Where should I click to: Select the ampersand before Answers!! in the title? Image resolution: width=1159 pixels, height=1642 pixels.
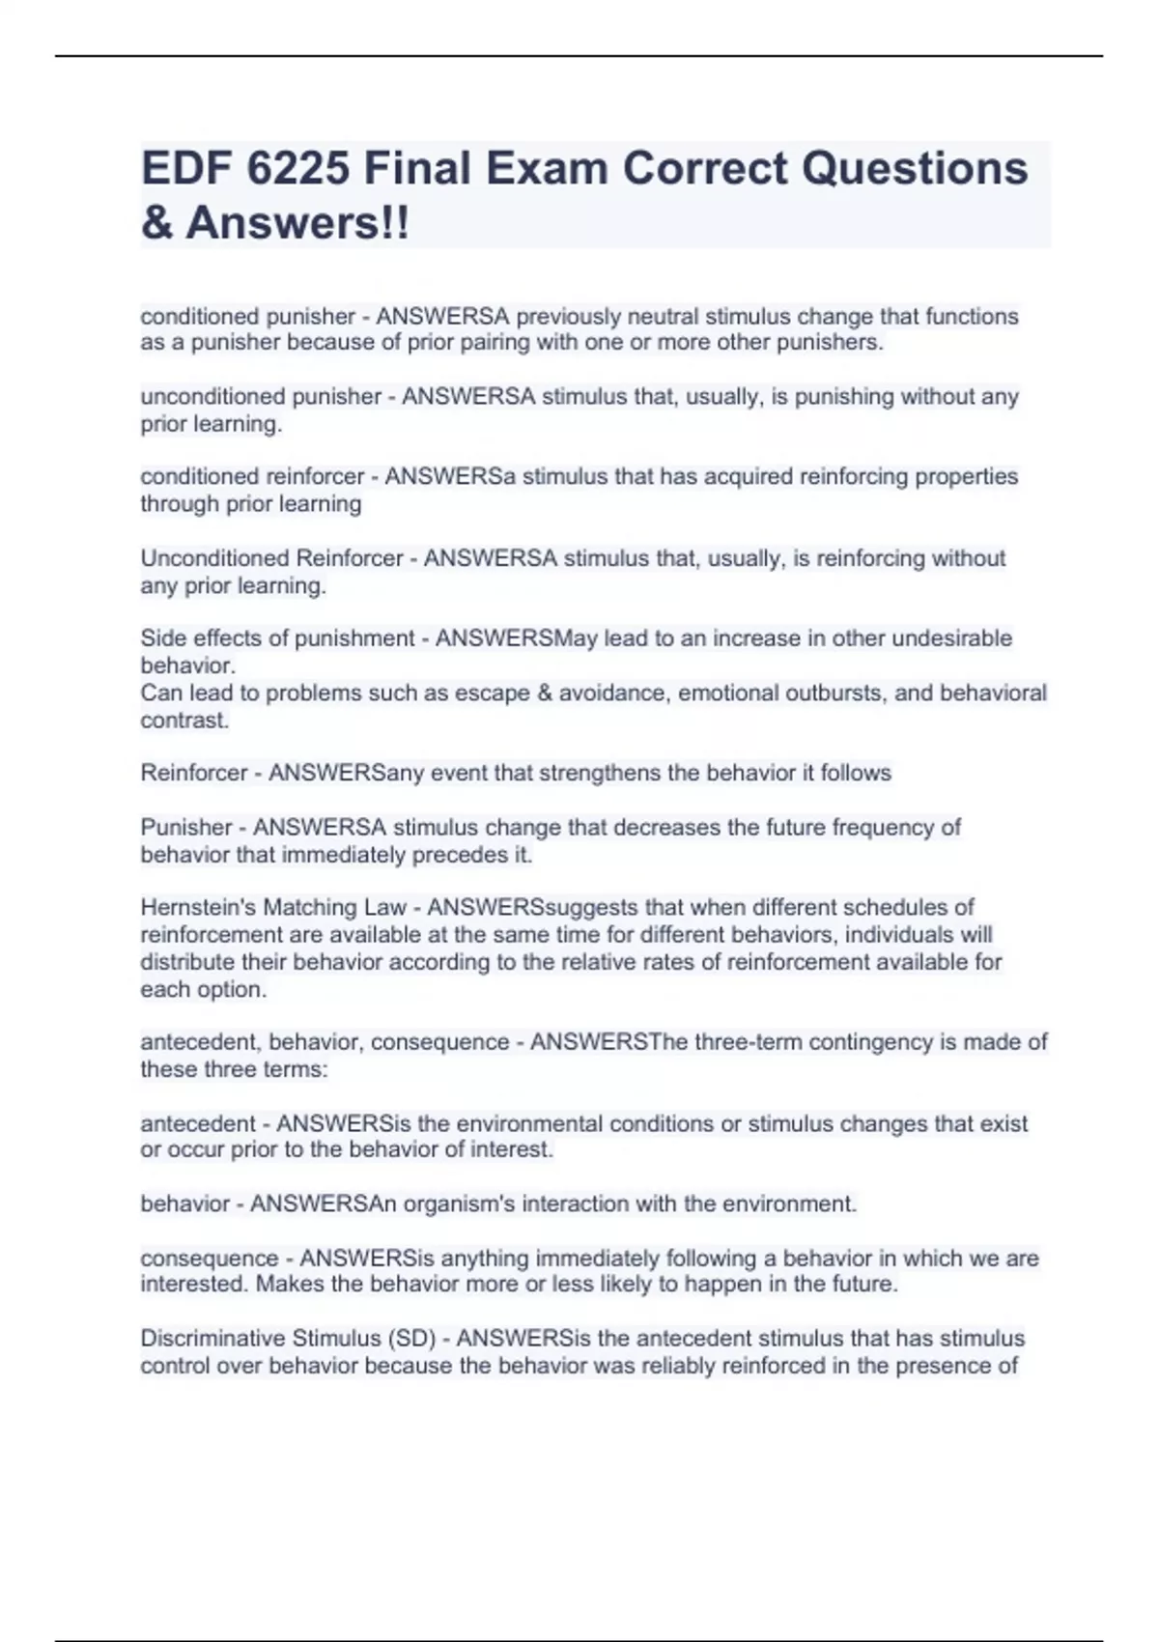pyautogui.click(x=156, y=223)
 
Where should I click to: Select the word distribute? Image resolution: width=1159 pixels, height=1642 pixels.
pyautogui.click(x=184, y=962)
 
